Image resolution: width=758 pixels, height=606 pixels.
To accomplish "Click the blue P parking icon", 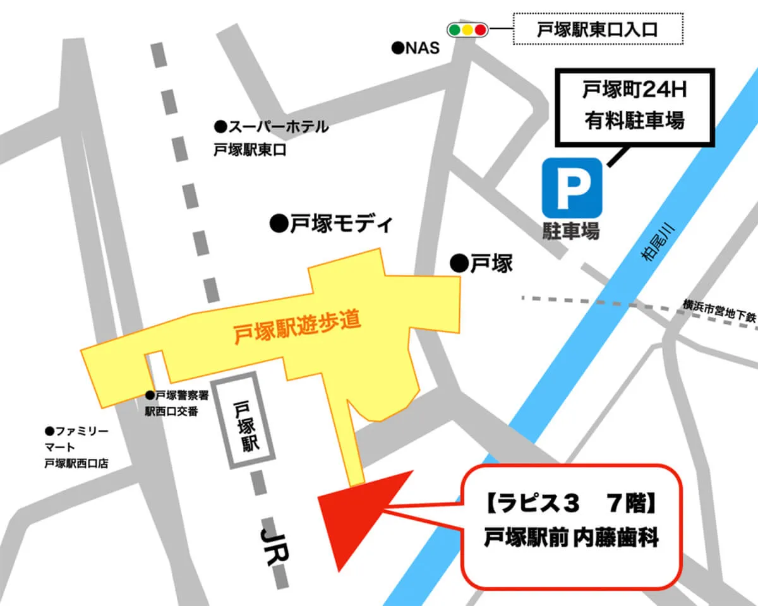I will [x=572, y=187].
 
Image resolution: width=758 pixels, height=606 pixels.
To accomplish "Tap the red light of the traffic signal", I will [x=480, y=29].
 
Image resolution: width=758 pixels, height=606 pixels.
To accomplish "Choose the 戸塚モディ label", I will [x=339, y=223].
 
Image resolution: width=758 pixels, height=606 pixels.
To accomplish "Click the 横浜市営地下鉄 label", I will [x=718, y=312].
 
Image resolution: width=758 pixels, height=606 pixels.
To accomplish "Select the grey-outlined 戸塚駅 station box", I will [x=244, y=420].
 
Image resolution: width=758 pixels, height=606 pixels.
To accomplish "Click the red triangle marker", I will [x=353, y=515].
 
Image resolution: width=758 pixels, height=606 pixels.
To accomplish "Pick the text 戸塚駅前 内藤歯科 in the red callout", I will [x=572, y=540].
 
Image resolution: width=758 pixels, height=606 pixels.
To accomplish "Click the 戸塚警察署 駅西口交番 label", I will [x=171, y=403].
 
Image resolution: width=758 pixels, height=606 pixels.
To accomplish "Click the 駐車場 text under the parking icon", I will [x=570, y=232].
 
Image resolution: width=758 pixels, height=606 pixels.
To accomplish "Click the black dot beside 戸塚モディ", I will [x=277, y=223].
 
